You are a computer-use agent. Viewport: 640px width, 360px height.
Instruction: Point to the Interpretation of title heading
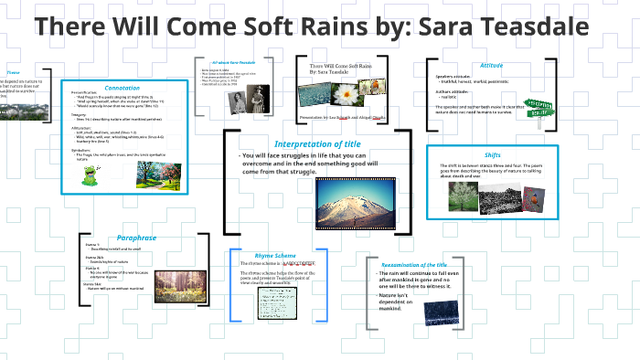(x=315, y=143)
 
